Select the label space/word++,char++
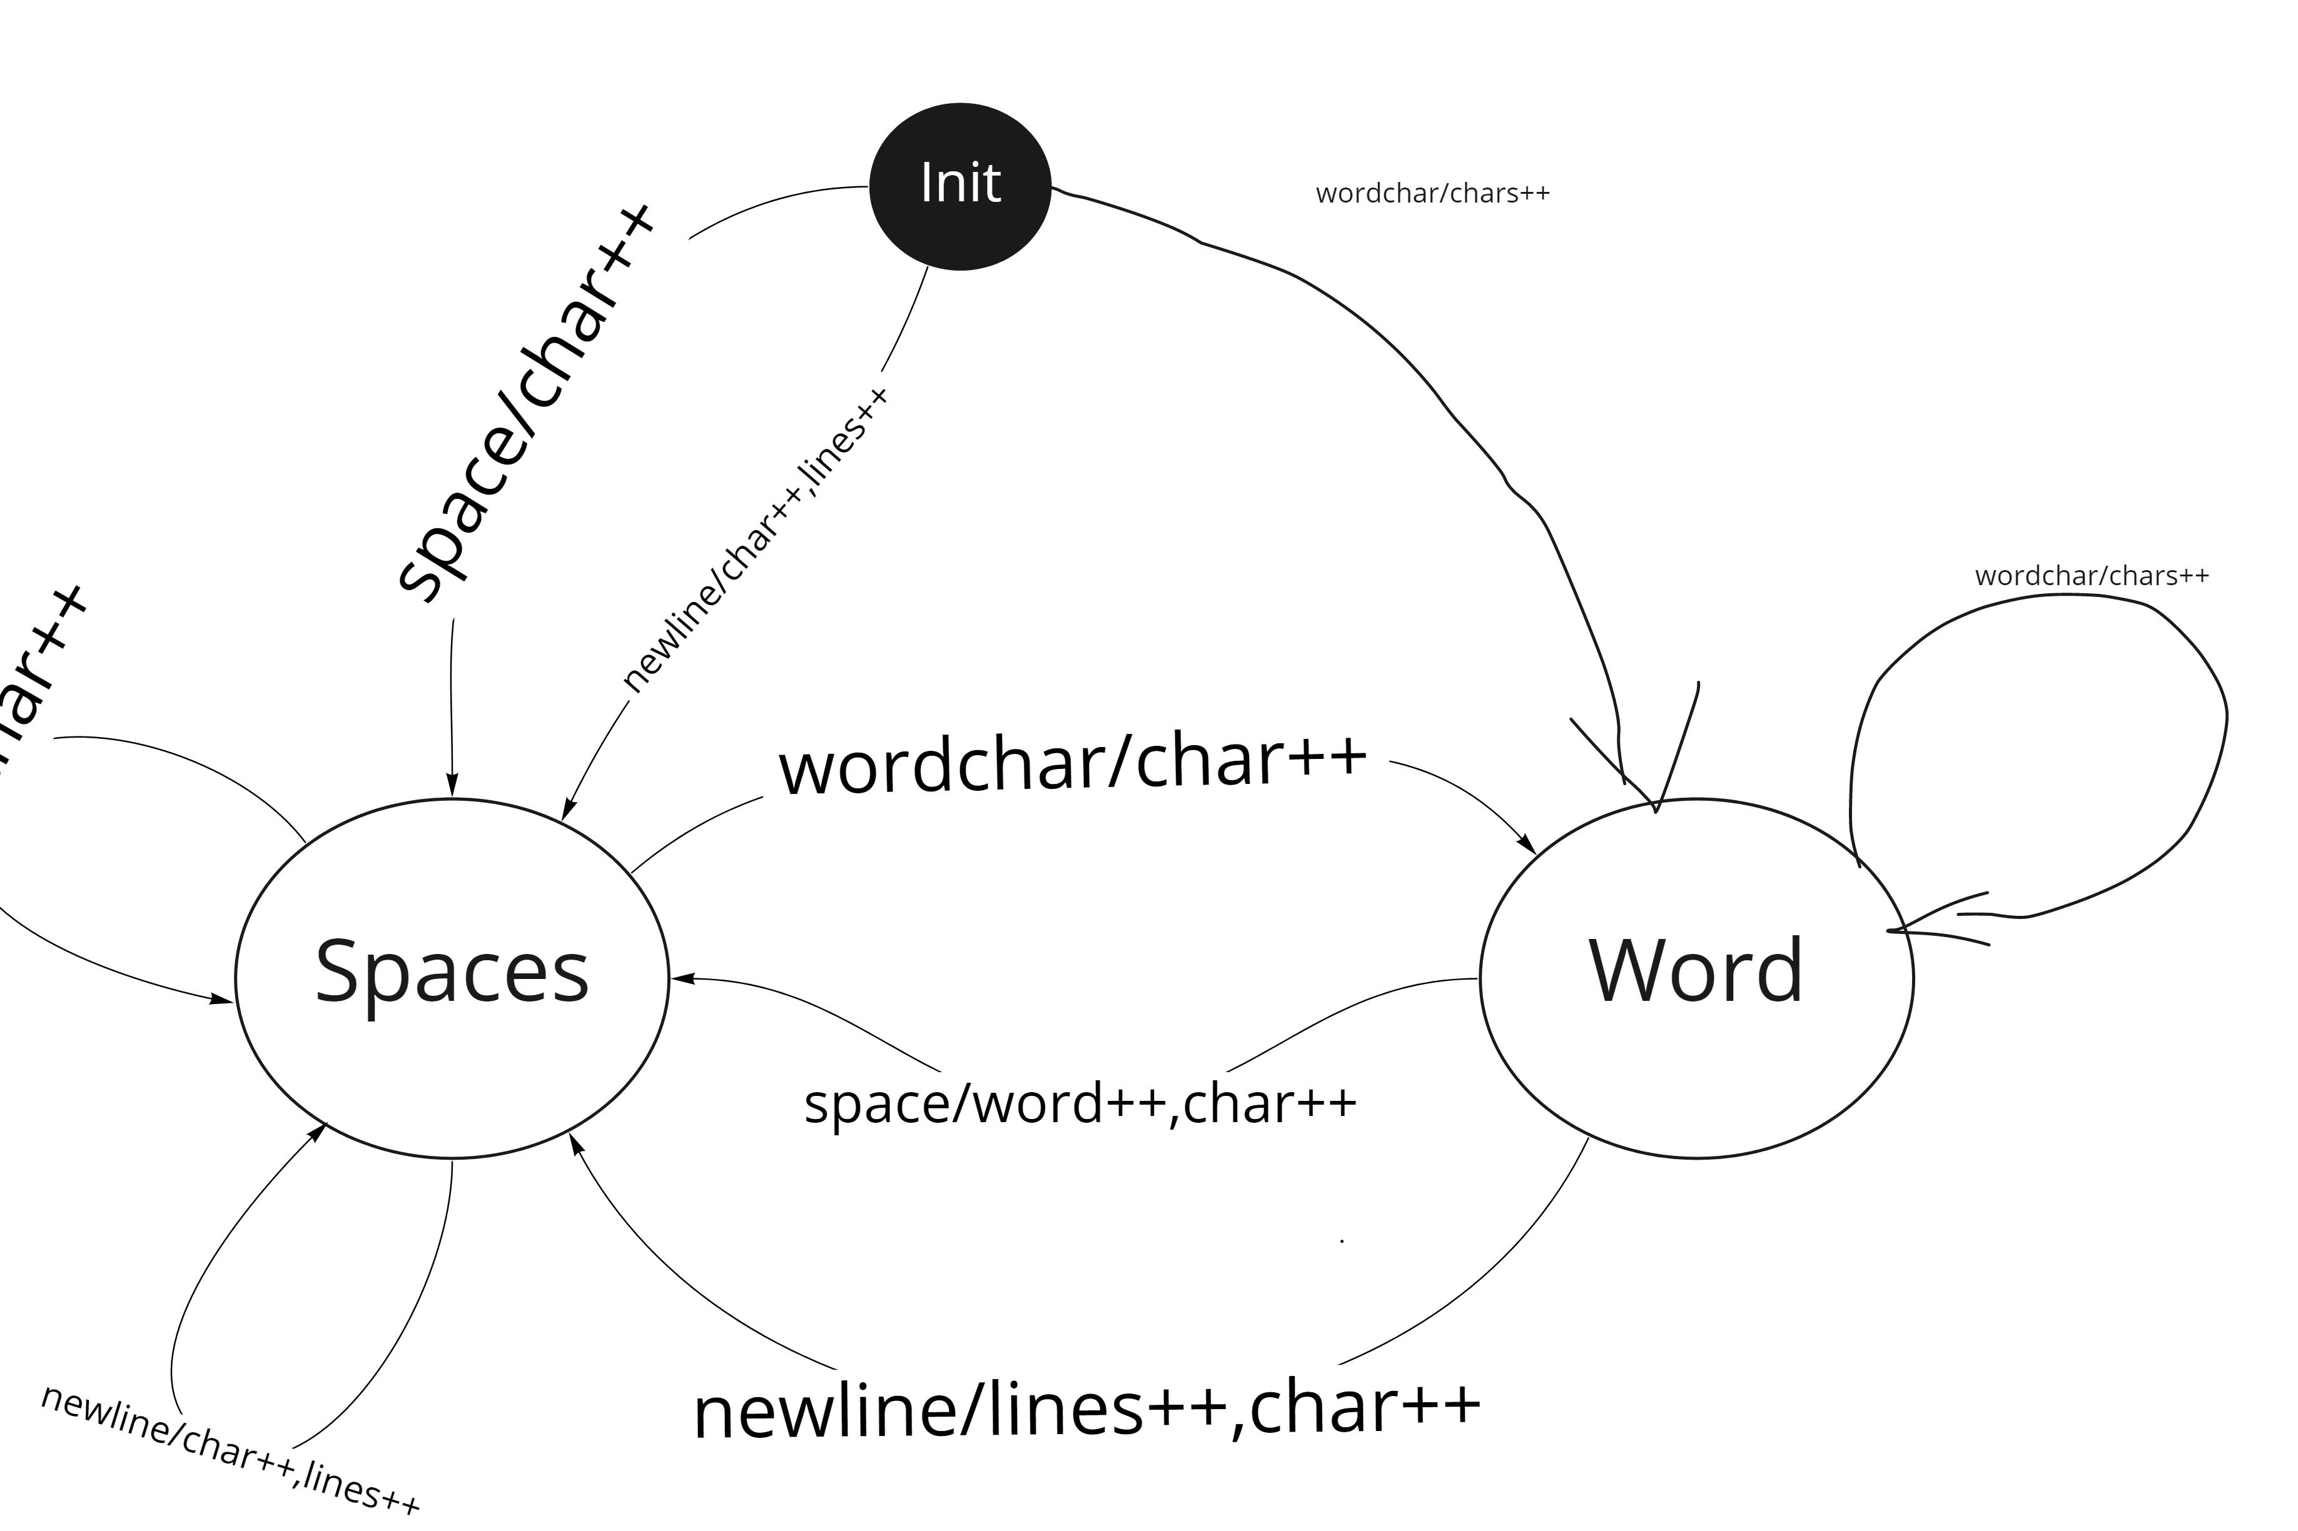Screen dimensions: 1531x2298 (x=1079, y=1103)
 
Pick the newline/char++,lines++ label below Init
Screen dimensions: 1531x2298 (x=755, y=540)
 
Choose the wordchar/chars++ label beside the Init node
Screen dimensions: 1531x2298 (x=1432, y=193)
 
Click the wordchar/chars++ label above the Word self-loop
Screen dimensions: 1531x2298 (x=2091, y=576)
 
